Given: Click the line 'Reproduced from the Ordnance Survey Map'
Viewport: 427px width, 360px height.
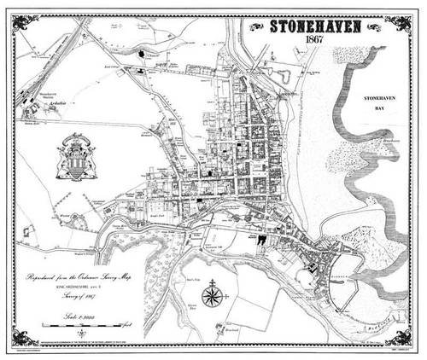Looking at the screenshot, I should coord(78,278).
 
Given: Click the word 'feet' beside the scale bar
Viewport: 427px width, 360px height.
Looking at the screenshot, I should coord(126,325).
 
